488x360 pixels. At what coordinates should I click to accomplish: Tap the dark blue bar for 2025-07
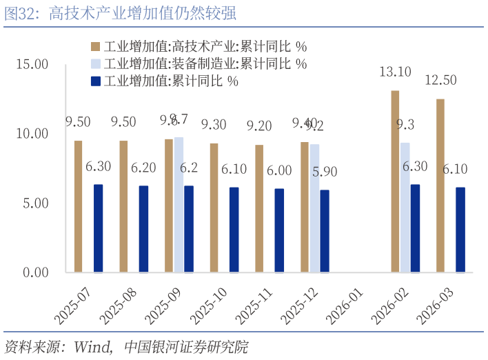(98, 228)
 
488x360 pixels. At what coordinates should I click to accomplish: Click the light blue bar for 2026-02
(405, 207)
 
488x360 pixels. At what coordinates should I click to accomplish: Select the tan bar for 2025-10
(214, 207)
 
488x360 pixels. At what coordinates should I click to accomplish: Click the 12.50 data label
(440, 80)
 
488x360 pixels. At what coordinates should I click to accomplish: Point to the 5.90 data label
(325, 172)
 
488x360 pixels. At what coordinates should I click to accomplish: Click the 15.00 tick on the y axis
(32, 64)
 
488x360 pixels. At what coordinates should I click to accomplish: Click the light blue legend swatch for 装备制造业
(94, 63)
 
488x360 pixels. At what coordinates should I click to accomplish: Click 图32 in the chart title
(19, 14)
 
